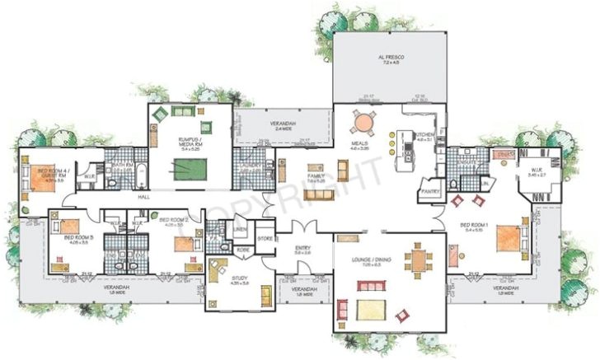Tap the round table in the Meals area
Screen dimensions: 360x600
click(x=363, y=123)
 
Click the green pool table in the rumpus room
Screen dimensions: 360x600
click(x=192, y=168)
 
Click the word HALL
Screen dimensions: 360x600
click(x=143, y=198)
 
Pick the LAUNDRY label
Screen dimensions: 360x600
click(x=251, y=166)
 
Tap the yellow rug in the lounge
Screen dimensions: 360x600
click(x=371, y=310)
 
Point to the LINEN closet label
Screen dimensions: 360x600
click(x=240, y=229)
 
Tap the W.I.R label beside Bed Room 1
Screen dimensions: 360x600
click(x=537, y=171)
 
